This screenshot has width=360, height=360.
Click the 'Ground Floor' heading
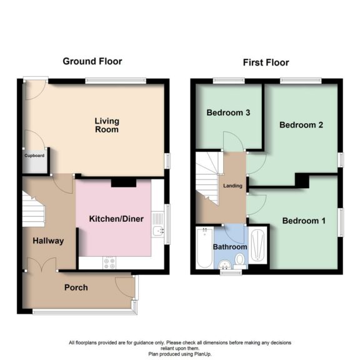tap(92, 61)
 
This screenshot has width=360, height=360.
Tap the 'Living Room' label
tap(107, 125)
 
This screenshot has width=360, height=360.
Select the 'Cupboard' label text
tap(34, 156)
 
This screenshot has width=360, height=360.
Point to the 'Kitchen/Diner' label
tap(116, 219)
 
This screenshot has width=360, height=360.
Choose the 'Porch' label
tap(76, 287)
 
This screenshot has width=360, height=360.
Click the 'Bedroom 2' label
tap(301, 125)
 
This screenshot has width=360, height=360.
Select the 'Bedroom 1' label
tap(303, 221)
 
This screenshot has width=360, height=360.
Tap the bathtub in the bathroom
tap(203, 249)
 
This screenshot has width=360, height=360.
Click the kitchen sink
tap(157, 232)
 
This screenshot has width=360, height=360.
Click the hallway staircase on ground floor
tap(34, 209)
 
